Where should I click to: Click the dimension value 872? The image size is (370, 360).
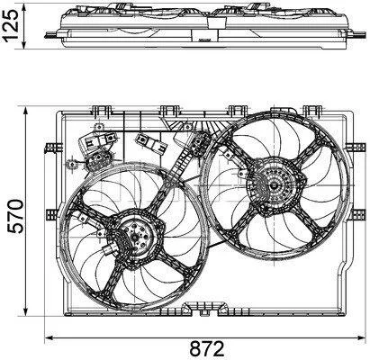(x=207, y=349)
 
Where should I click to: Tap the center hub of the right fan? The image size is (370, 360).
(x=274, y=185)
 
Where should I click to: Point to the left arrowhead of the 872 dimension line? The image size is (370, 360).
(x=50, y=337)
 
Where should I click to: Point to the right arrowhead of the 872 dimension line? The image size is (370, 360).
(x=361, y=337)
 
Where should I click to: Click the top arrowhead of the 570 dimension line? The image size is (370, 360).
(x=26, y=112)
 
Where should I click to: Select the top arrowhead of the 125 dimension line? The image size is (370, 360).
(x=24, y=6)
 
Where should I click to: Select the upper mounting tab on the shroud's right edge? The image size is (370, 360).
(x=356, y=148)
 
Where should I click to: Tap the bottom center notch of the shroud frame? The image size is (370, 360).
(x=204, y=310)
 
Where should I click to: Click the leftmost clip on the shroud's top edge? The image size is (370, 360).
(x=100, y=112)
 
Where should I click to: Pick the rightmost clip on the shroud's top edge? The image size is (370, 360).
(x=312, y=112)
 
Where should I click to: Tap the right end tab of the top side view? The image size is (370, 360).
(x=357, y=34)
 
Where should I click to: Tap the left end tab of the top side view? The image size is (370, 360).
(x=53, y=35)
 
